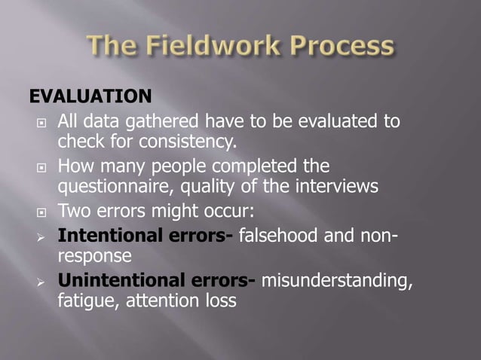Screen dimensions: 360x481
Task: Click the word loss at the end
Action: pyautogui.click(x=219, y=301)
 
